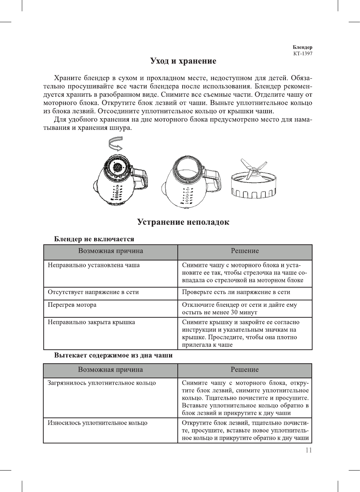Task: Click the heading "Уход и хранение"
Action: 183,61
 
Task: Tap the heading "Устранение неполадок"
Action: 183,222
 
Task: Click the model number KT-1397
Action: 303,53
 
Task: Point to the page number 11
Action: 309,450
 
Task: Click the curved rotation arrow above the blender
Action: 116,144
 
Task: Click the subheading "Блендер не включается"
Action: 94,239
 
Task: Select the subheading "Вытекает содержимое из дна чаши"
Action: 113,355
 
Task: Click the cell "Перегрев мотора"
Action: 72,305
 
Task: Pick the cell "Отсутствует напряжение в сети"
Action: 93,292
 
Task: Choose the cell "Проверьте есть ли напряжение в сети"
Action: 236,292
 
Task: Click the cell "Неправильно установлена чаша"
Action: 93,265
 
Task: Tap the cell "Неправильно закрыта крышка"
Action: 91,322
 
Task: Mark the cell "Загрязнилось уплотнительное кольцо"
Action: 101,383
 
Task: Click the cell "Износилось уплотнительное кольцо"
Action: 97,423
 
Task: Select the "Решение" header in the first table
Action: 245,251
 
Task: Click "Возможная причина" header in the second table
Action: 110,370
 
